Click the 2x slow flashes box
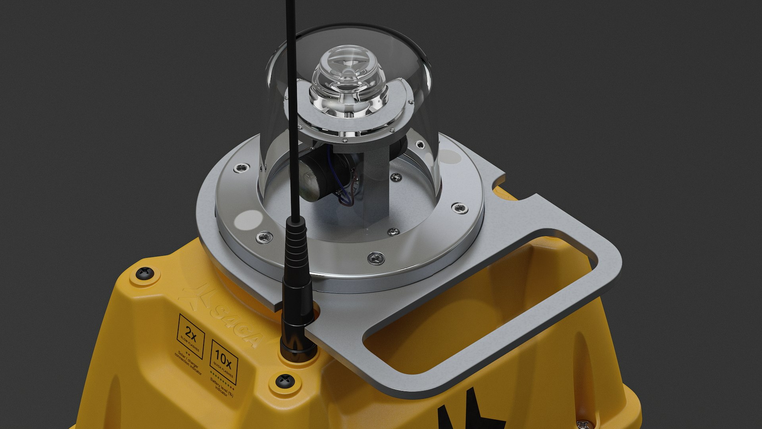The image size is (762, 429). pyautogui.click(x=191, y=336)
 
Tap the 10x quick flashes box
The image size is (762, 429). pyautogui.click(x=224, y=361)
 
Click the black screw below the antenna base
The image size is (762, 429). pyautogui.click(x=285, y=381)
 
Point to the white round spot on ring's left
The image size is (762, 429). pyautogui.click(x=248, y=220)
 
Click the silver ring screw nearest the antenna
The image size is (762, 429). pyautogui.click(x=264, y=238)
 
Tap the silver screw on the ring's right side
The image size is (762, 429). pyautogui.click(x=460, y=208)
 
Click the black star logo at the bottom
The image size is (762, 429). pyautogui.click(x=468, y=413)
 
